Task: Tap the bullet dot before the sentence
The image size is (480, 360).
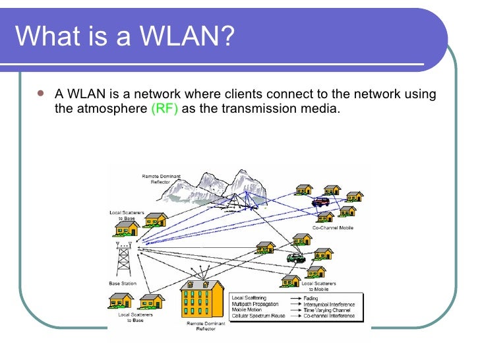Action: click(x=41, y=94)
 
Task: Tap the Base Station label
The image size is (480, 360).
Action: click(x=123, y=284)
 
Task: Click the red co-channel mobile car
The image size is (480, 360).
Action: click(x=320, y=202)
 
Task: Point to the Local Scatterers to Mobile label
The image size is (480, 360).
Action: click(x=318, y=286)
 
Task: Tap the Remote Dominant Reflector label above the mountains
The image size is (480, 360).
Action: click(x=161, y=179)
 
